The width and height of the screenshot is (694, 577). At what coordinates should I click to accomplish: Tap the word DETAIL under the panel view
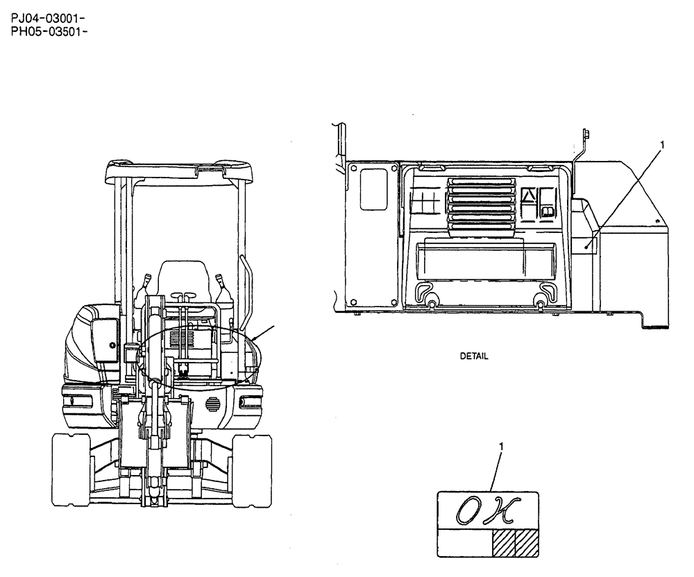click(x=474, y=356)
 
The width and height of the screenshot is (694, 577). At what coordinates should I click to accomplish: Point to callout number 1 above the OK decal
click(x=501, y=447)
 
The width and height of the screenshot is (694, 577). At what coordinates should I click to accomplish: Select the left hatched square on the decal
click(x=504, y=542)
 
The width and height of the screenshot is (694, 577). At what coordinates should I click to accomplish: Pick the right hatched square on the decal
click(x=527, y=542)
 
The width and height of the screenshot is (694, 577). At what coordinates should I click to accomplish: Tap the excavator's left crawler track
click(x=71, y=470)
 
